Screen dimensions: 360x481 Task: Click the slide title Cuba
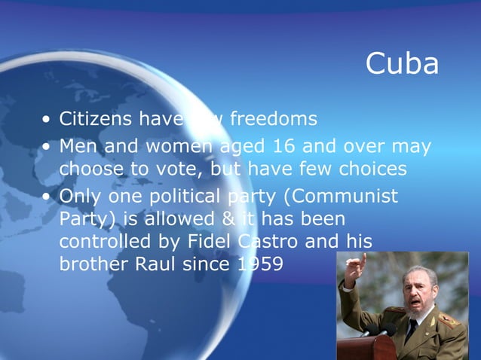coord(402,65)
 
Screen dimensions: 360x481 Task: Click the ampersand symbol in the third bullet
coord(225,220)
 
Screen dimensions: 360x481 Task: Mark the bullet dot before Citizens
coord(47,121)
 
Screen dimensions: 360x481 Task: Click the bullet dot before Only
coord(47,197)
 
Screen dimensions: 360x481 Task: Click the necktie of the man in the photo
coord(411,328)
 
